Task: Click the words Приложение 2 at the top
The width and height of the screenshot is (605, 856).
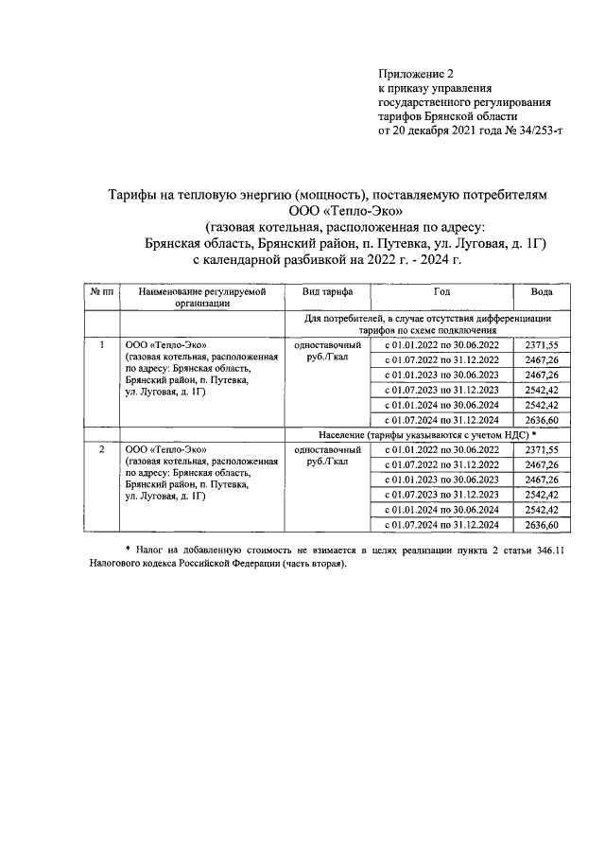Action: tap(416, 73)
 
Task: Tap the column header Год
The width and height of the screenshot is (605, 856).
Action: tap(441, 292)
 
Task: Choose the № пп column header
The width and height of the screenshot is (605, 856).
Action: tap(100, 292)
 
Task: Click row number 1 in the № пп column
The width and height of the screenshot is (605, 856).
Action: tap(100, 344)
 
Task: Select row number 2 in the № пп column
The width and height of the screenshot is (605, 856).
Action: tap(100, 448)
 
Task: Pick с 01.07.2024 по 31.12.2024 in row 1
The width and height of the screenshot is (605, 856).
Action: tap(441, 420)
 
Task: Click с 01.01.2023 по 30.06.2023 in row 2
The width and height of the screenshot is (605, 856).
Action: tap(441, 480)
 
